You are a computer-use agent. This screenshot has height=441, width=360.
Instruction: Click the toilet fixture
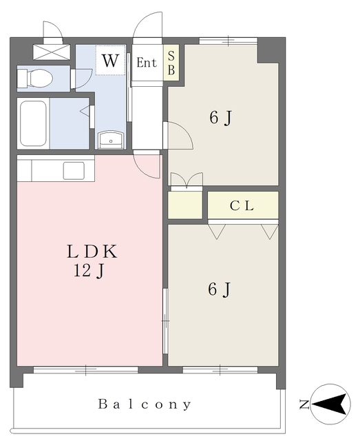35,79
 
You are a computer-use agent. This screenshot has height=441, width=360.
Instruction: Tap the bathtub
33,123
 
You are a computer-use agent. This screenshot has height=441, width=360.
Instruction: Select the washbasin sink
111,139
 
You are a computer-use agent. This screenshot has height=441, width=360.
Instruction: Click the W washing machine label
110,60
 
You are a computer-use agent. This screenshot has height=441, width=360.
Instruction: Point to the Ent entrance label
147,63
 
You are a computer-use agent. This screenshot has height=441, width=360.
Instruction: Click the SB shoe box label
171,63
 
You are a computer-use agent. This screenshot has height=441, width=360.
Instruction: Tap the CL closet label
242,206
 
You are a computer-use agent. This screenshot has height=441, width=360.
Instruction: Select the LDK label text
92,252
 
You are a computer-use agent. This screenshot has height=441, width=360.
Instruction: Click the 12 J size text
89,271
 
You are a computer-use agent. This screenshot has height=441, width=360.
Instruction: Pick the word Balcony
145,404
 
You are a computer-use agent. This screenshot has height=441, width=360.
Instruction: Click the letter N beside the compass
304,404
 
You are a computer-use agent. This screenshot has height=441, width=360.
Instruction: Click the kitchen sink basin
74,170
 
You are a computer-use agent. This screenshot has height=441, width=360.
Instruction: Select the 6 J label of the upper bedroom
221,117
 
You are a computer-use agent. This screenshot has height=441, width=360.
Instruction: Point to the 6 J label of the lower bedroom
220,289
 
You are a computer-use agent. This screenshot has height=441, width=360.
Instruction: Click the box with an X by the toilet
52,52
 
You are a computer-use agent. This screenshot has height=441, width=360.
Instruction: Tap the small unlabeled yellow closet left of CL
185,205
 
